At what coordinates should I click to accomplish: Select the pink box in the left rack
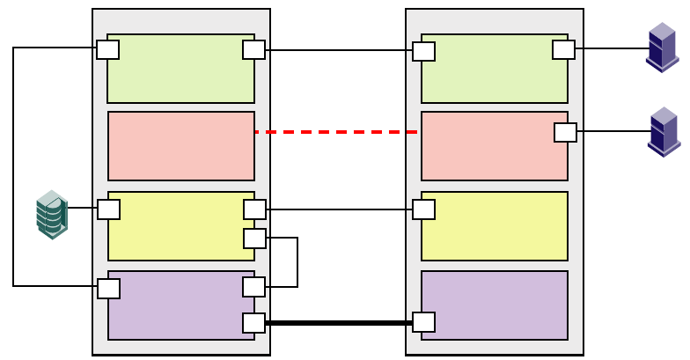click(x=180, y=146)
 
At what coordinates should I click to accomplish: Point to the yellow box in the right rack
click(x=494, y=227)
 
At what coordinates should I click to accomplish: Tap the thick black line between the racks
click(x=338, y=323)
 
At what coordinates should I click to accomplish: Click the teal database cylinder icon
click(x=51, y=215)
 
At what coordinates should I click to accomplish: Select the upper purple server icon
click(x=662, y=48)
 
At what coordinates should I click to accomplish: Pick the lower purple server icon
click(x=664, y=132)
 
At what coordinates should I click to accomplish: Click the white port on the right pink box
click(x=565, y=132)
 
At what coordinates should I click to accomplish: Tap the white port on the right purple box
click(x=423, y=322)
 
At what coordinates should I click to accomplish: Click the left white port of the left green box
click(x=107, y=49)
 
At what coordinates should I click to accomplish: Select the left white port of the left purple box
click(x=108, y=289)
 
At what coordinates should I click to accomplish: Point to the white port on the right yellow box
click(x=423, y=209)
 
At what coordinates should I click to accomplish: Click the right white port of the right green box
click(x=563, y=49)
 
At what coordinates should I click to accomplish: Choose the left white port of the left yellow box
click(x=108, y=209)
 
